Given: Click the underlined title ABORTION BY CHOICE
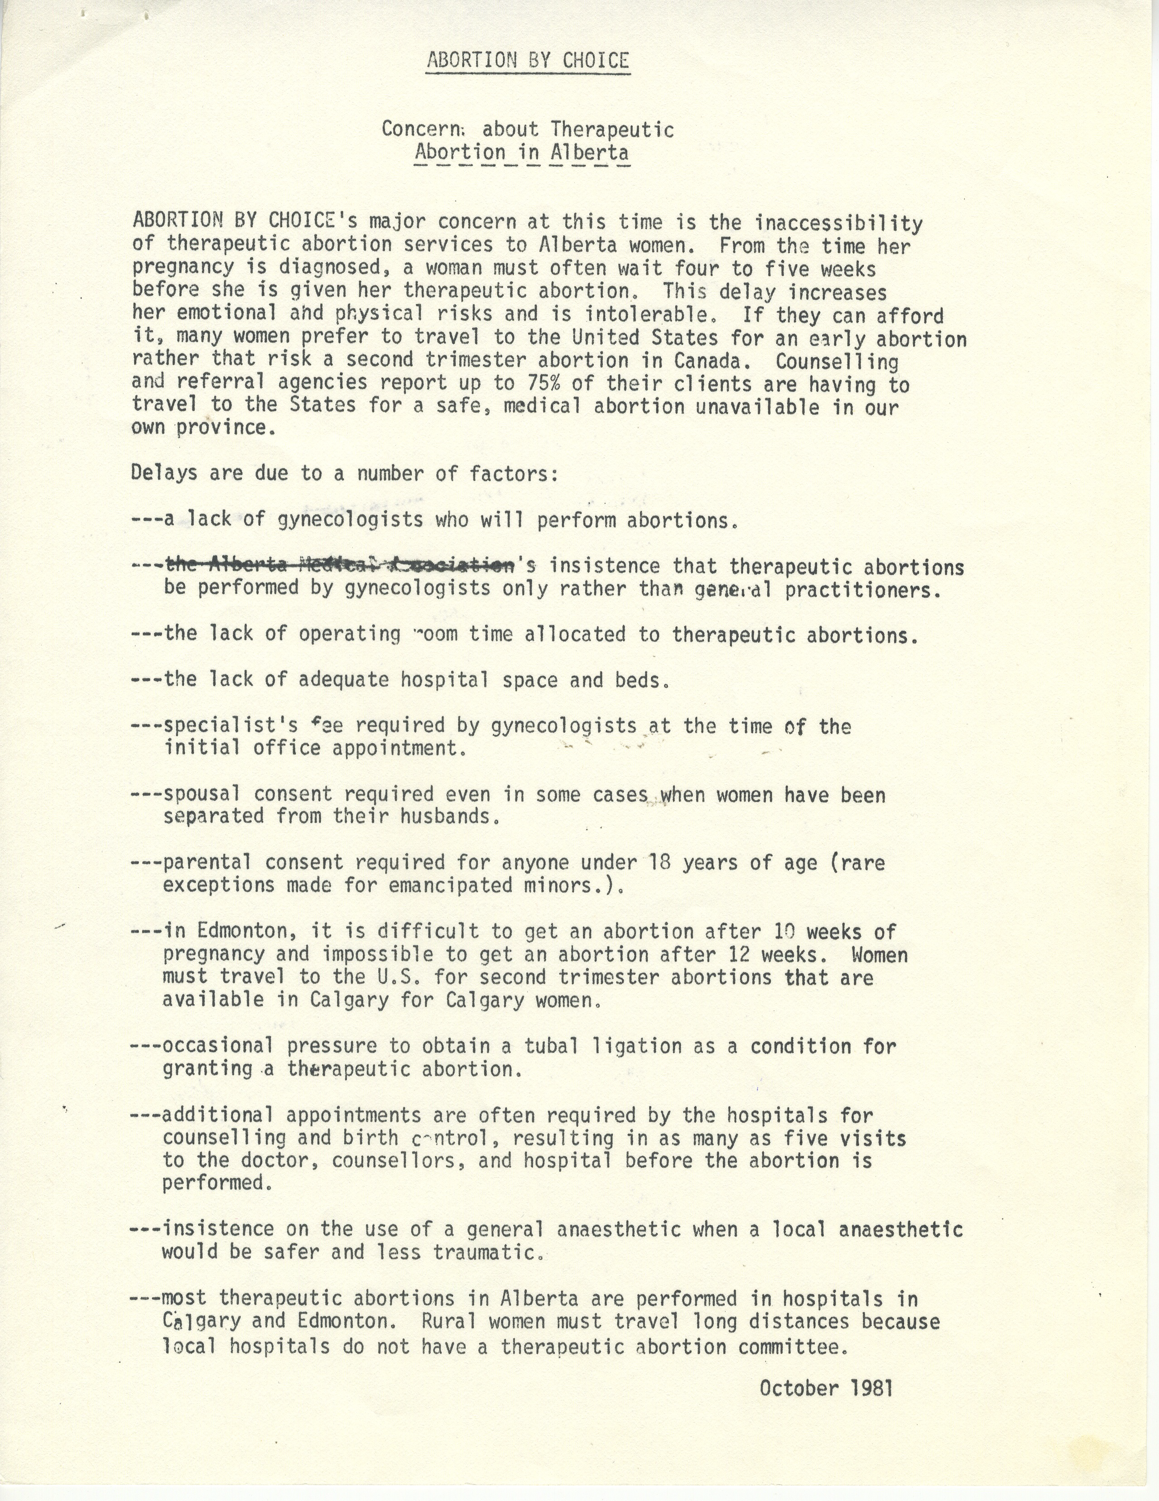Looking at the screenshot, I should point(527,61).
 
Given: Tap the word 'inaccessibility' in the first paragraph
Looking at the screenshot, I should point(839,223).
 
